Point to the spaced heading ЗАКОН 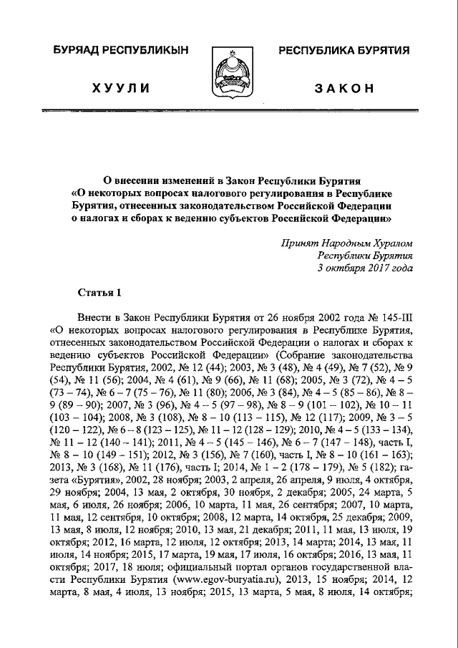pyautogui.click(x=343, y=87)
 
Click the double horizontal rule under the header pyautogui.click(x=229, y=112)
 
